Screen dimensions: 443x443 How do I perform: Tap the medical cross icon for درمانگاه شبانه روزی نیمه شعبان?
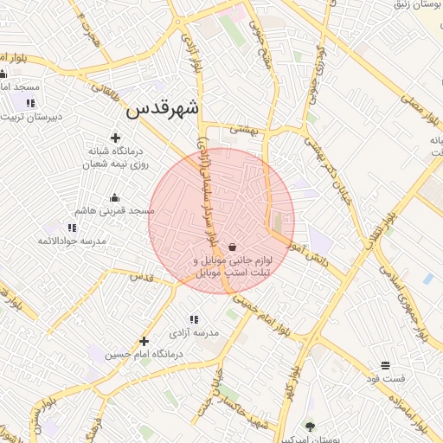pos(116,137)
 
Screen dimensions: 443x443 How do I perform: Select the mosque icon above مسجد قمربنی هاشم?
pos(114,197)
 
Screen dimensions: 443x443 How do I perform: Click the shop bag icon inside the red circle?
pos(233,247)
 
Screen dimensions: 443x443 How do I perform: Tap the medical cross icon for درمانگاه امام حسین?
pos(144,341)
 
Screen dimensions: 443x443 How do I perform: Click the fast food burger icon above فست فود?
pos(385,365)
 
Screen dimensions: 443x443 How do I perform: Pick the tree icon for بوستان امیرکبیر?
pos(311,426)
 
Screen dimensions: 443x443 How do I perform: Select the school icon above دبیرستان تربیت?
pos(31,104)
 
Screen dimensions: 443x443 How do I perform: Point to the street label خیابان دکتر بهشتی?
pos(337,165)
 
